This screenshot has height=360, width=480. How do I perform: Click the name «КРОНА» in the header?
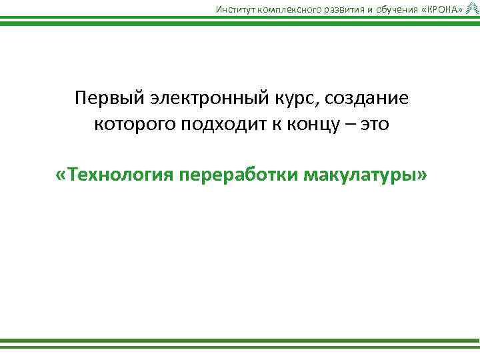(x=437, y=8)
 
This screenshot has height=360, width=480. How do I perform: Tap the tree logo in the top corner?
(x=472, y=7)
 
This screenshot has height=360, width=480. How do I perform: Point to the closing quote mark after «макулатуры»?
(x=420, y=175)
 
